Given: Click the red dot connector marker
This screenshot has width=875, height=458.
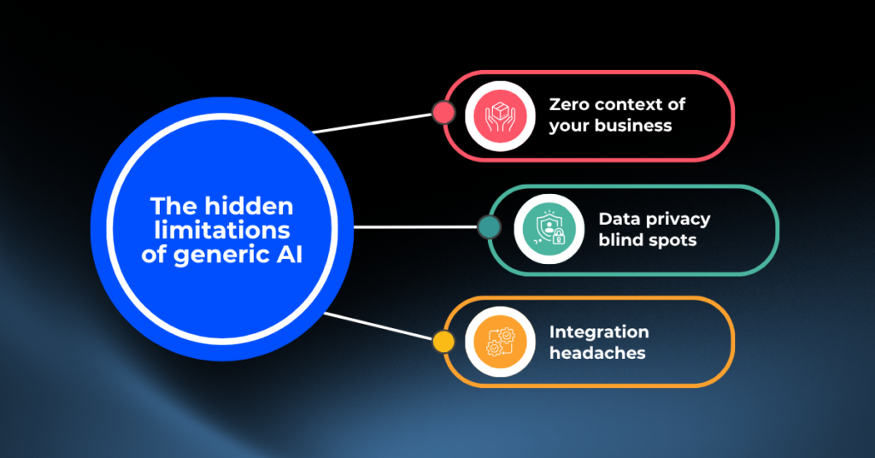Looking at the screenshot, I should [x=443, y=112].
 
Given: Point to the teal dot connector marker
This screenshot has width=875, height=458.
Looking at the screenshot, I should [x=488, y=226].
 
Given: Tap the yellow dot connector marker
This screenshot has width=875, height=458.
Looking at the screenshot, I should [x=443, y=342].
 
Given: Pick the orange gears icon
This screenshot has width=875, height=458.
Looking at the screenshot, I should [x=497, y=342].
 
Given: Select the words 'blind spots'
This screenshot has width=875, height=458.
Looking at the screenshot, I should [x=647, y=240].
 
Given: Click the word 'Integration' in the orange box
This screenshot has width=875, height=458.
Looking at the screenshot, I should [x=598, y=332].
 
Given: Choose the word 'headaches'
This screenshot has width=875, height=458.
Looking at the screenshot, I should [x=596, y=352].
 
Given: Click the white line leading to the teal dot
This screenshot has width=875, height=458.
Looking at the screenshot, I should [x=414, y=227].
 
